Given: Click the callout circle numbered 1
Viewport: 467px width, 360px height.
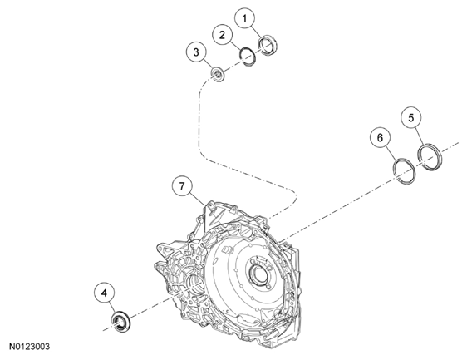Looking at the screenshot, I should [x=244, y=17].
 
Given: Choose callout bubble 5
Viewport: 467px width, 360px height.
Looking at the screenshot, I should [x=411, y=117].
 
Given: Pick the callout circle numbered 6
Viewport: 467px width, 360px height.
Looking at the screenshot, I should [x=381, y=135].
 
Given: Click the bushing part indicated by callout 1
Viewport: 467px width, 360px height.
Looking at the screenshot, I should [x=268, y=45].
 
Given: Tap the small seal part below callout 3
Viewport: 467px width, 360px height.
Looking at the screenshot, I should [x=218, y=76].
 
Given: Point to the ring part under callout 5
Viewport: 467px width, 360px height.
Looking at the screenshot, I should [x=430, y=155].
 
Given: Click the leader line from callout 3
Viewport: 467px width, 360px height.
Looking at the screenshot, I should [x=206, y=64].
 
